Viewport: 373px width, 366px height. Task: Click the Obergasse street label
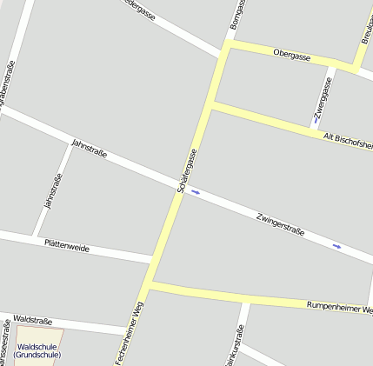[x=291, y=54]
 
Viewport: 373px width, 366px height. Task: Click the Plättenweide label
[x=67, y=246]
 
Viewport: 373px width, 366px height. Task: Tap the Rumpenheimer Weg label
[x=340, y=307]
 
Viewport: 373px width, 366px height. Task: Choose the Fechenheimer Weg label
[x=128, y=333]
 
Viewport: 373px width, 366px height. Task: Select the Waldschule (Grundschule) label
[x=37, y=350]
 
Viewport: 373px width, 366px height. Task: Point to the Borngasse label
[x=236, y=15]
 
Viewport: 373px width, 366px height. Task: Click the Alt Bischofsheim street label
[x=347, y=140]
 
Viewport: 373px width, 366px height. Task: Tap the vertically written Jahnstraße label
[x=52, y=191]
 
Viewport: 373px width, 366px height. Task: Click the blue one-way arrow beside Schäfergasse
[x=196, y=192]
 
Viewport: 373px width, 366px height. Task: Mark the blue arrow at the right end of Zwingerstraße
[x=336, y=247]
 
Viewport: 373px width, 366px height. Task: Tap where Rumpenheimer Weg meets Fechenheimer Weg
[x=149, y=285]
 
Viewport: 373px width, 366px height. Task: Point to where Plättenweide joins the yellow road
[x=154, y=260]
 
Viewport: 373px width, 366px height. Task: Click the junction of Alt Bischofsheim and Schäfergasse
[x=212, y=105]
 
